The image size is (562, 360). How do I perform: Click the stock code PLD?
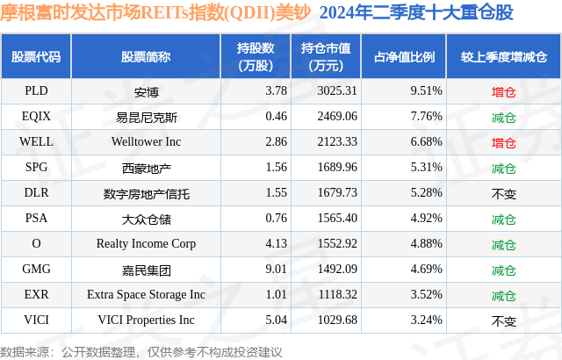[36, 90]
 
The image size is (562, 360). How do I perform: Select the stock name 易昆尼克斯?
[146, 116]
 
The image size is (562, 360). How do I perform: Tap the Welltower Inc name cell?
[146, 141]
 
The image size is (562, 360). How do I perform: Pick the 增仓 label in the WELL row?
[503, 141]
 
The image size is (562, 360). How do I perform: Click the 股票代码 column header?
[36, 56]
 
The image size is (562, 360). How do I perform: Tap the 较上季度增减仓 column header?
[503, 56]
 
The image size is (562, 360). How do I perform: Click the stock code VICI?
[36, 320]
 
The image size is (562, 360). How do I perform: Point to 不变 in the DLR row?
[503, 193]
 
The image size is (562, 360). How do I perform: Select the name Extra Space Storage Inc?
[146, 295]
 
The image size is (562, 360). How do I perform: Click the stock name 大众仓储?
[146, 219]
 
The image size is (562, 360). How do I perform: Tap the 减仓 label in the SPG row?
[503, 167]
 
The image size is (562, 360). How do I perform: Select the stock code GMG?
[36, 270]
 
